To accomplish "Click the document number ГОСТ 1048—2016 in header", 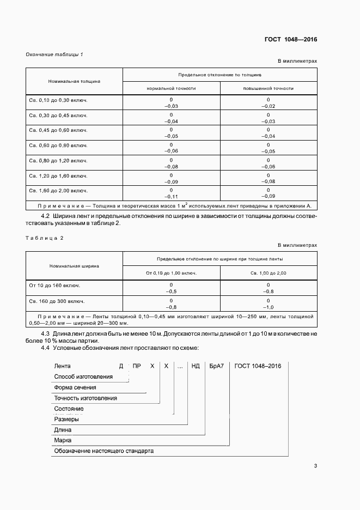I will [291, 39].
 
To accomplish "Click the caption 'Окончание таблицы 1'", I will [54, 54].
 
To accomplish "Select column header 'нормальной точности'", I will [171, 88].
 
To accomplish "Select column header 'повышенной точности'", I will [269, 88].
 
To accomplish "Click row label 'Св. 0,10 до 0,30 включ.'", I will [58, 101].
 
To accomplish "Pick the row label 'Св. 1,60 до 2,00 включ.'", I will [58, 191].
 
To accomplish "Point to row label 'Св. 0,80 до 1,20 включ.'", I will [58, 161].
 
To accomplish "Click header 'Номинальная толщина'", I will [75, 81].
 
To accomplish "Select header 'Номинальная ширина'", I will [74, 266].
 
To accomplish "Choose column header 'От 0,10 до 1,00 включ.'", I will [171, 272].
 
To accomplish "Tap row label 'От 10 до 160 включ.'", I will [53, 285].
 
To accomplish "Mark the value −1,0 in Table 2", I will [268, 307].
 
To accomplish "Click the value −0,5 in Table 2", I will [171, 292].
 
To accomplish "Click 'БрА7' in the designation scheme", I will [216, 366].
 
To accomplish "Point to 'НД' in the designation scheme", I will [196, 366].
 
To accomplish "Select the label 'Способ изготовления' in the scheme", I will [83, 377].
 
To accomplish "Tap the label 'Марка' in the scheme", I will [63, 440].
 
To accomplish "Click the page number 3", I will [315, 465].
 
